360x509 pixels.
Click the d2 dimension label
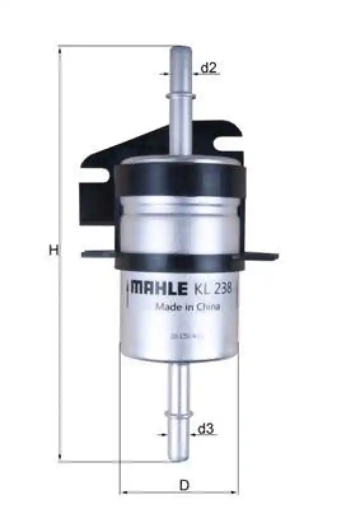(x=209, y=67)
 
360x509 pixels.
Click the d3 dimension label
(x=204, y=429)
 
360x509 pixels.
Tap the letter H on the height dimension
(x=53, y=251)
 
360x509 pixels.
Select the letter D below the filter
(x=184, y=485)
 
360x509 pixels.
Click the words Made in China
(x=188, y=307)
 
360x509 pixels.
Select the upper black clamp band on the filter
(x=181, y=178)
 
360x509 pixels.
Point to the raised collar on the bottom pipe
(x=179, y=415)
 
